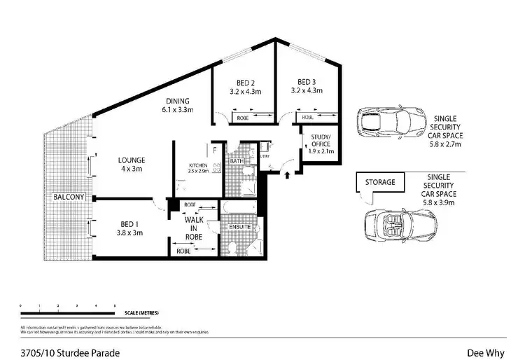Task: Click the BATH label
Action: point(237,161)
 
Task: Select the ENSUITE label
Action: point(240,227)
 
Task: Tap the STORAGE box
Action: point(379,182)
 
